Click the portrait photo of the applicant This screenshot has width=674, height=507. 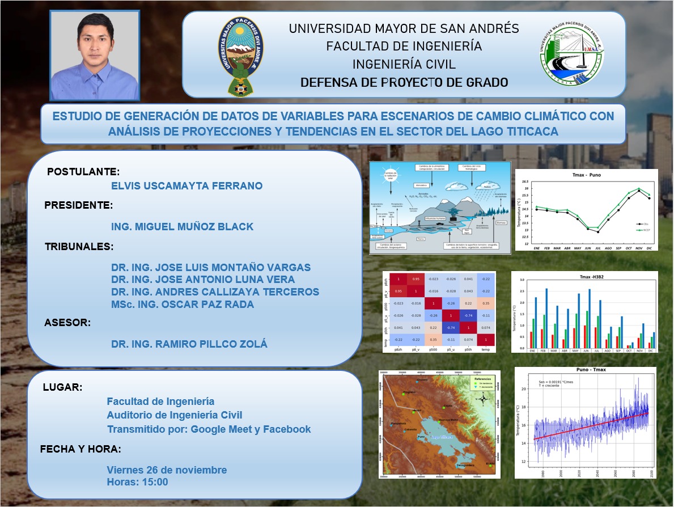click(95, 55)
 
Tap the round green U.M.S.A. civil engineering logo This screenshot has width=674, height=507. click(571, 55)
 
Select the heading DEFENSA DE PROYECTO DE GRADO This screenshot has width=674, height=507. click(404, 83)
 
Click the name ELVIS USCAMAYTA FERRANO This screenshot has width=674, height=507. click(188, 185)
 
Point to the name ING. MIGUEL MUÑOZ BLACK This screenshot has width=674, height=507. click(183, 227)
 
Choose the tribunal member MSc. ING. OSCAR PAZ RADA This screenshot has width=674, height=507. click(183, 305)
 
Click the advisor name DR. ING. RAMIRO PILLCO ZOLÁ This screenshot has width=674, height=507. click(189, 344)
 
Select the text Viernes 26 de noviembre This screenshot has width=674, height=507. click(167, 470)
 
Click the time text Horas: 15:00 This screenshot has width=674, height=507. click(137, 482)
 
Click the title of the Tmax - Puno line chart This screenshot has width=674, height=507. click(587, 175)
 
